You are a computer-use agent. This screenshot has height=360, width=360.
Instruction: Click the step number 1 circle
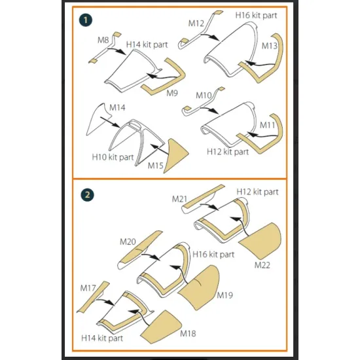(86, 20)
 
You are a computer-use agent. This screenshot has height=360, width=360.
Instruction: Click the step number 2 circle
(87, 195)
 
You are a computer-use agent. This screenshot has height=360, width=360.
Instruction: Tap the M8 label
(103, 40)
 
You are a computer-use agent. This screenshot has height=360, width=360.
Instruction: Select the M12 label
(196, 23)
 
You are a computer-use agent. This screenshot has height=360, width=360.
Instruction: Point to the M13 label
(270, 46)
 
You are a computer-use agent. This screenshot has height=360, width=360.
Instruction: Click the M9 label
(172, 93)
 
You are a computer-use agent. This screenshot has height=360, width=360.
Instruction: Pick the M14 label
(117, 107)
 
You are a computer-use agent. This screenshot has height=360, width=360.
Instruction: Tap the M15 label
(155, 166)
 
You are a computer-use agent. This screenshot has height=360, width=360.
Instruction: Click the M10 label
(204, 95)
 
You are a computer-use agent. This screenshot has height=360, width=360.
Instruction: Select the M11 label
(268, 125)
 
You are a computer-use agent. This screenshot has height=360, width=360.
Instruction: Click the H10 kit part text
(113, 157)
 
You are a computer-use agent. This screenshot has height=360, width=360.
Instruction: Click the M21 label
(179, 199)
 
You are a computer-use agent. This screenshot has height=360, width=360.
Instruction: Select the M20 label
(128, 242)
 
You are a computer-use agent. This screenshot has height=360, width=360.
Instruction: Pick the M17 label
(88, 288)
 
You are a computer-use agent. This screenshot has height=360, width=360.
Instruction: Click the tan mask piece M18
(162, 327)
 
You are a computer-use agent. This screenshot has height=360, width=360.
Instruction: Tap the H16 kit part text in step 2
(213, 255)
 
